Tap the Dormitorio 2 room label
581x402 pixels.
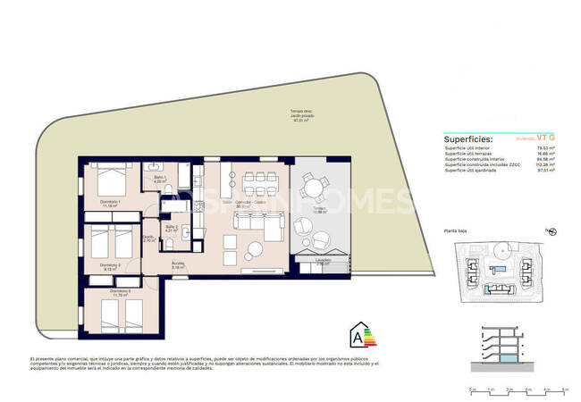109,264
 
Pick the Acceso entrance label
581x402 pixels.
179,264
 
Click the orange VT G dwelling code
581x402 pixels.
545,138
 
